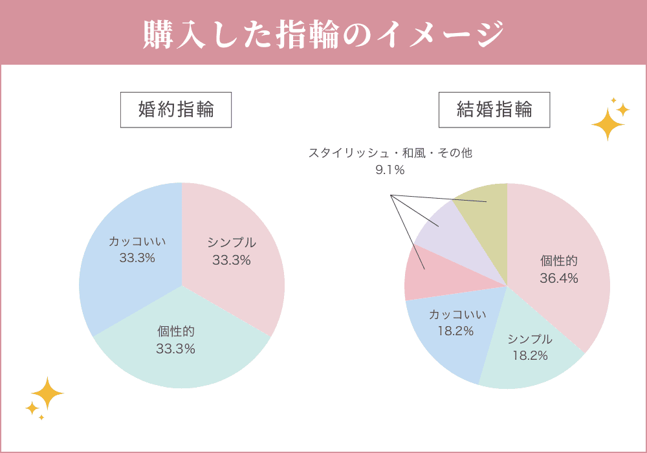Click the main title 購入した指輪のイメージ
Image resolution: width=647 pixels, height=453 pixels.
click(323, 33)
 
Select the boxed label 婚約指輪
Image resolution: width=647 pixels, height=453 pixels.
click(176, 109)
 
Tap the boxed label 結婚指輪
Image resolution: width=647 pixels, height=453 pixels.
click(494, 109)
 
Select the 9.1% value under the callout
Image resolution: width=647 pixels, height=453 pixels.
click(389, 170)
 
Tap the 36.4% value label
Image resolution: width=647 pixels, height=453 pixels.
click(559, 278)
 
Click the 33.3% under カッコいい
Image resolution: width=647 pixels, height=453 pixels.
click(137, 258)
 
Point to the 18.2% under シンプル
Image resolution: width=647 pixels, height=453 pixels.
click(530, 355)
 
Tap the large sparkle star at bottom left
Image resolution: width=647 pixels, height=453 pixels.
click(47, 393)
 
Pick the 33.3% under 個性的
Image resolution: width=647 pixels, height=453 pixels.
click(175, 349)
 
